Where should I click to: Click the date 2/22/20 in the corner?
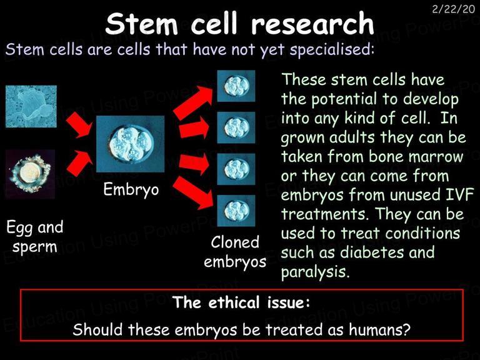pos(453,9)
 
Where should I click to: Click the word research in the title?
pos(312,24)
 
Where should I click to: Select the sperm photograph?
pos(31,106)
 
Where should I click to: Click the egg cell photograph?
pos(30,174)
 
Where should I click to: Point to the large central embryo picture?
pos(131,144)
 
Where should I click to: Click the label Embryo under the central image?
pos(131,190)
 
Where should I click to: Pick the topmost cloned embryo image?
pos(236,86)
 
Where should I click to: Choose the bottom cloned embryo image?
pos(236,211)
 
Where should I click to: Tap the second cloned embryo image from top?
pos(236,127)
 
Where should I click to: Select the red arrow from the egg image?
pos(79,163)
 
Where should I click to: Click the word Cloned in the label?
pos(235,242)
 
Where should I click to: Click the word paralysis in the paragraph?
pos(315,272)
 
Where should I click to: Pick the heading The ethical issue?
pos(241,302)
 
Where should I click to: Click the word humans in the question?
pos(379,330)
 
